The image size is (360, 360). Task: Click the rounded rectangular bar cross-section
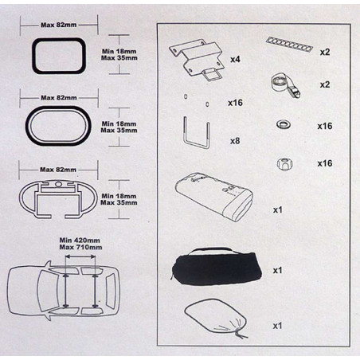pos(33,56)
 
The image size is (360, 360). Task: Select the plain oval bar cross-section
pos(26,126)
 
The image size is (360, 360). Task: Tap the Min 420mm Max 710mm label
pos(80,244)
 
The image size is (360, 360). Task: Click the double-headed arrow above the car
pos(80,256)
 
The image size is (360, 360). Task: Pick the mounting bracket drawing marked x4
pos(197,57)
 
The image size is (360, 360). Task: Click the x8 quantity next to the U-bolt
pos(235,141)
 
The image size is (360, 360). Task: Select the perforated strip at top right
pos(289,44)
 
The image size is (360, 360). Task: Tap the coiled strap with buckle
pos(286,85)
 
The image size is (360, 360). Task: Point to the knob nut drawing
pos(284,165)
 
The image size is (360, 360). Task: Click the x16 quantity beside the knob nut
pos(325,163)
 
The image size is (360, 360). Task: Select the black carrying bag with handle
pos(217,268)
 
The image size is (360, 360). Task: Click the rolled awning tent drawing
pos(213,197)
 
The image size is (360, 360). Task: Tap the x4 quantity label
pos(235,59)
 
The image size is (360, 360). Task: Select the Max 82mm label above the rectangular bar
pos(59,25)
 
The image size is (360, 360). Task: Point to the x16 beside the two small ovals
pos(235,103)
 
